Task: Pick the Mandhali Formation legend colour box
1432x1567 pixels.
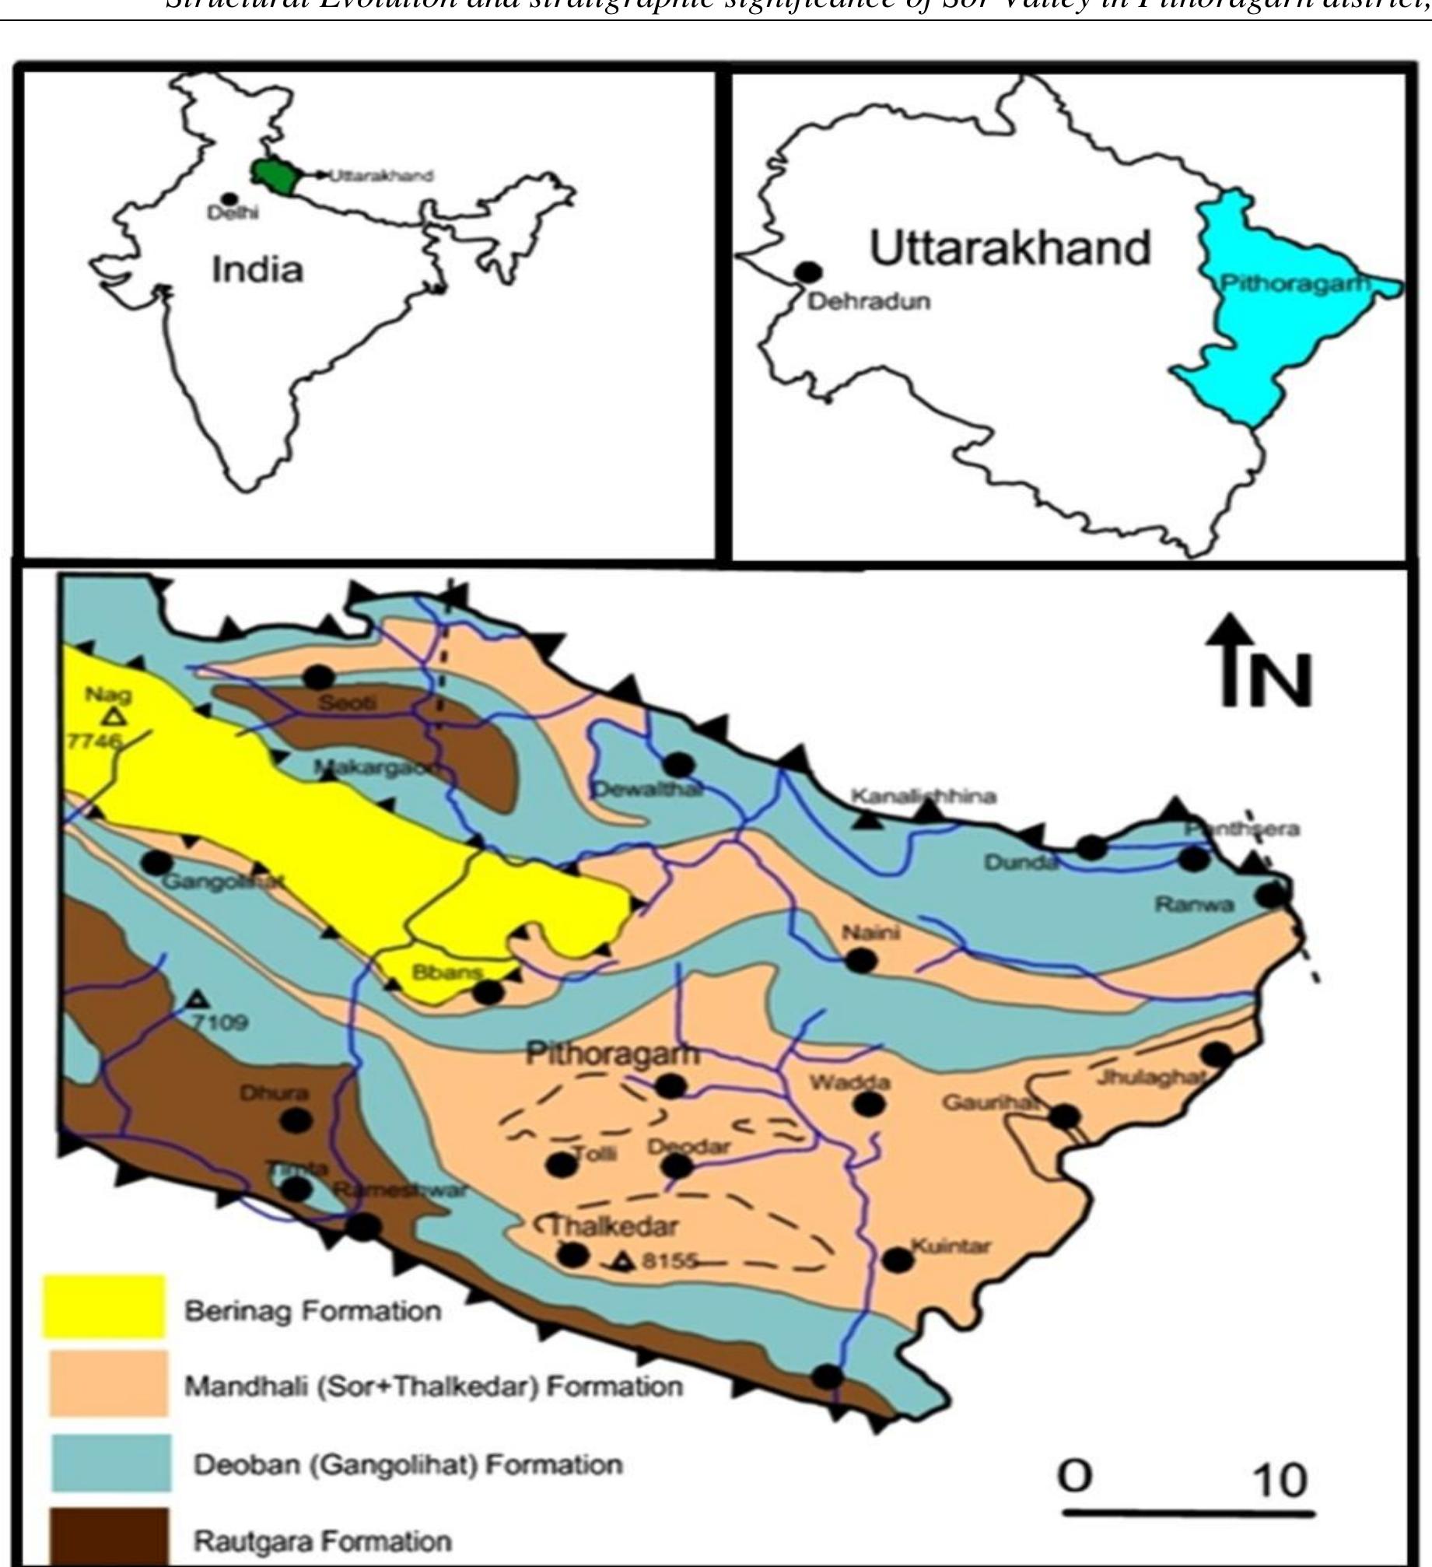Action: pos(107,1383)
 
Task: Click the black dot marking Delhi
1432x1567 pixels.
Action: pos(229,200)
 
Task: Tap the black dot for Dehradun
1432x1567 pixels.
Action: pos(809,272)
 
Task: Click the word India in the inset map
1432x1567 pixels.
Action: pos(257,270)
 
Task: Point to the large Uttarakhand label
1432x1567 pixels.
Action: pos(1010,248)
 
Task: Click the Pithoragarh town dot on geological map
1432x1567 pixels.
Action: pos(670,1085)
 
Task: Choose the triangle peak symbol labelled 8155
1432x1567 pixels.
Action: pos(621,1260)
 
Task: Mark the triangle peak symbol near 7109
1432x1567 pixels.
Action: pos(198,998)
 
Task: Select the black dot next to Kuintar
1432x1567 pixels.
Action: pos(898,1259)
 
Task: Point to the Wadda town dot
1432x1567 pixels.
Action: pos(869,1103)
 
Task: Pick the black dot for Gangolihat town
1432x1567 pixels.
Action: pos(157,862)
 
